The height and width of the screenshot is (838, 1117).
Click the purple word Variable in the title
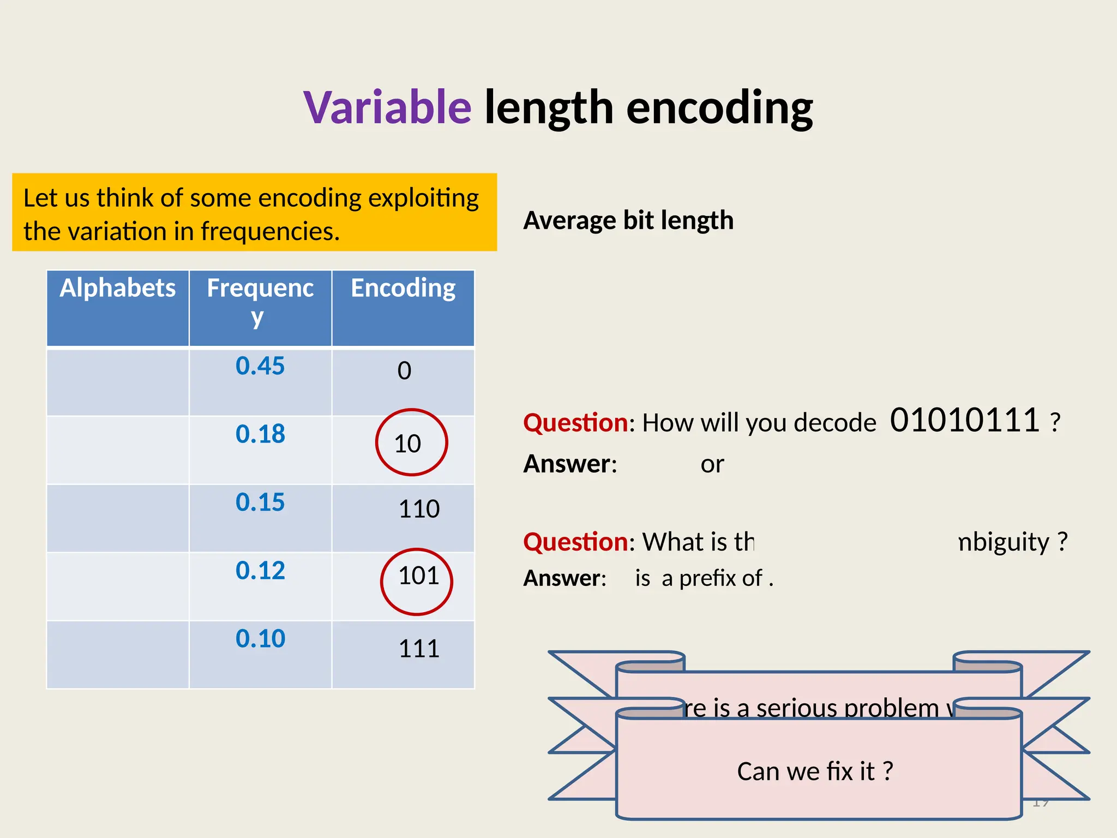coord(387,107)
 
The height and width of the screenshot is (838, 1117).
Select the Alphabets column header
coord(118,288)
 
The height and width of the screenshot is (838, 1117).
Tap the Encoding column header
coord(403,288)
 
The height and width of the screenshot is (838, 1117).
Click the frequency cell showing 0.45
coord(260,366)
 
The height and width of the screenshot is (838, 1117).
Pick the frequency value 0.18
coord(260,434)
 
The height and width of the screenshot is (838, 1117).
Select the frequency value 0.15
coord(260,502)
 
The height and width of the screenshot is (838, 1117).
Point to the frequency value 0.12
coord(260,571)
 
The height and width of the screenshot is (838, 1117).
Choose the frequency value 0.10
coord(260,639)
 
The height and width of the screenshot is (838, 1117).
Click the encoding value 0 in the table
coord(404,371)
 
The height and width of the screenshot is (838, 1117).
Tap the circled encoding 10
coord(408,444)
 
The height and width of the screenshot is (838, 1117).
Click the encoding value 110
coord(419,509)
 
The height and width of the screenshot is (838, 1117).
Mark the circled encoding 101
coord(418,576)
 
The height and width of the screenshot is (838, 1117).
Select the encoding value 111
coord(419,649)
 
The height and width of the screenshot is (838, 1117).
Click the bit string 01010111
coord(964,421)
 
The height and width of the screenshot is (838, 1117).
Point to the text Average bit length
coord(628,220)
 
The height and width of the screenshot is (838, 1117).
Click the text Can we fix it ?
coord(815,771)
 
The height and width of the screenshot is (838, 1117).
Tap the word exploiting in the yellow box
coord(423,198)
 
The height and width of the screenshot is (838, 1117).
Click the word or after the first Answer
coord(712,464)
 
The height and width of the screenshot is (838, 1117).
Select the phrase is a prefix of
coord(699,578)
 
